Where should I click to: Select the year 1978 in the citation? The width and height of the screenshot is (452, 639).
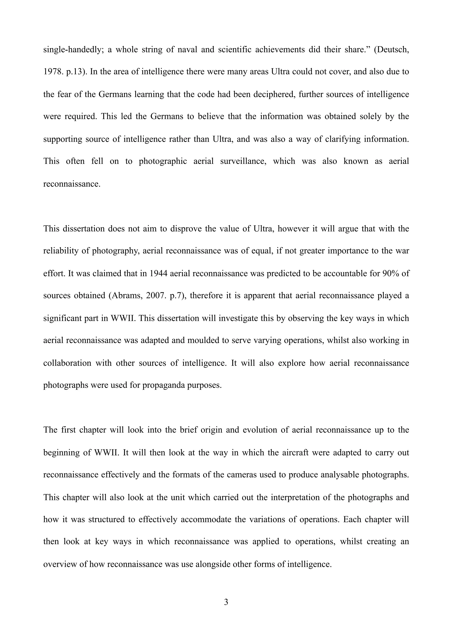coord(51,72)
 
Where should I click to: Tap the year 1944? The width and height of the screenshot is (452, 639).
coord(158,273)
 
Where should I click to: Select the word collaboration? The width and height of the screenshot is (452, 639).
coord(67,363)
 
